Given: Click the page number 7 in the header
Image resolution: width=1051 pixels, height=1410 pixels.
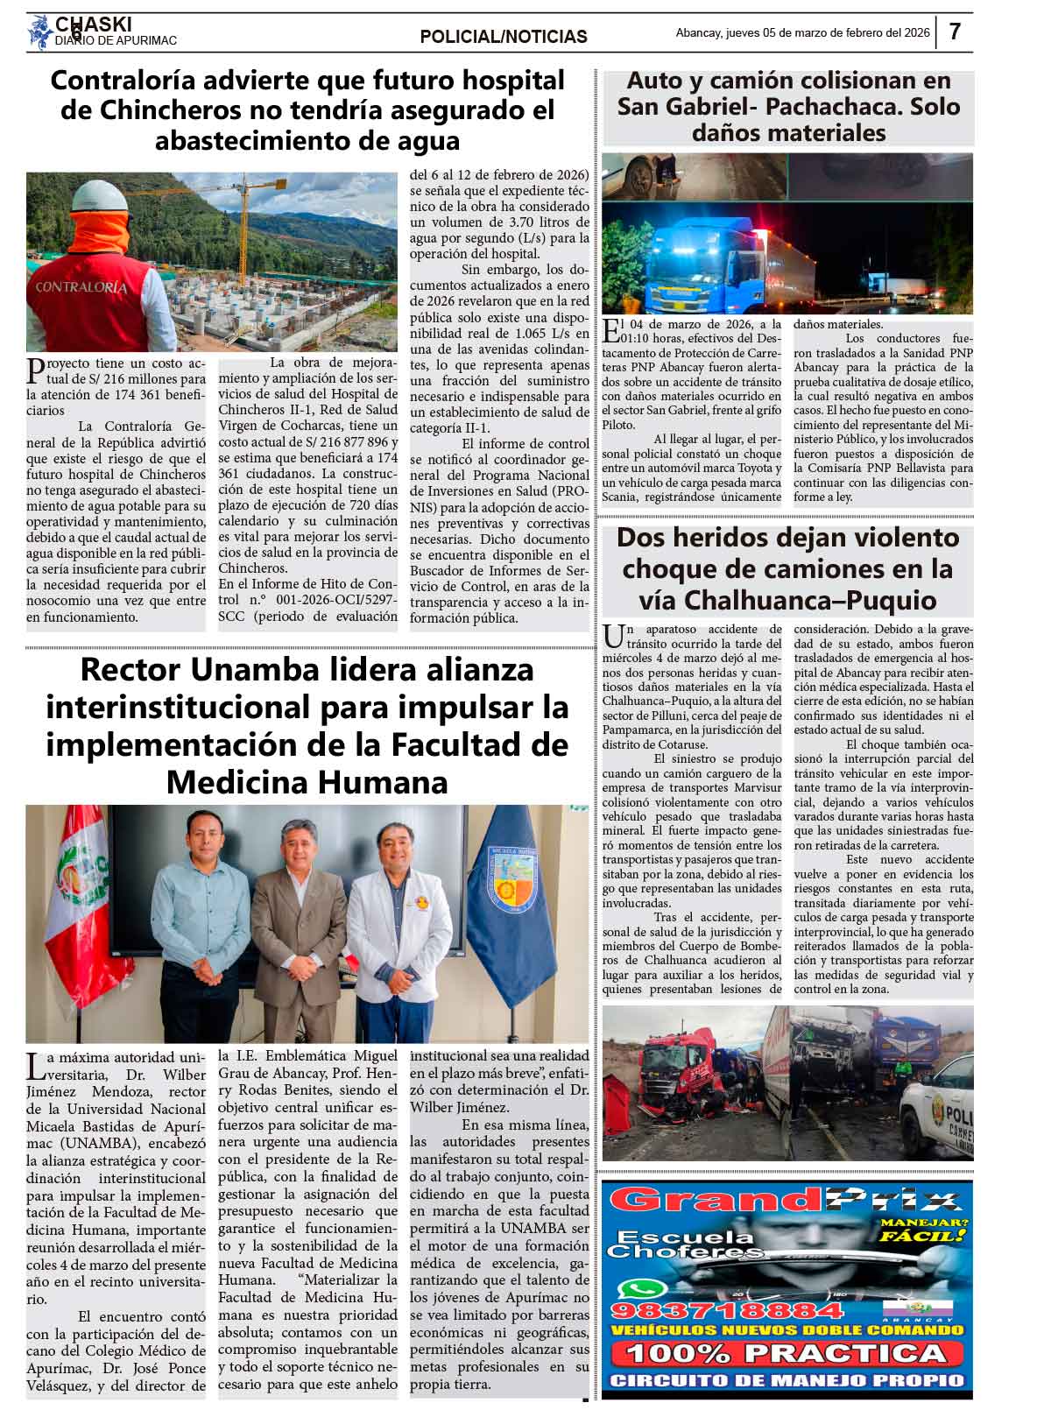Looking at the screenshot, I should click(955, 32).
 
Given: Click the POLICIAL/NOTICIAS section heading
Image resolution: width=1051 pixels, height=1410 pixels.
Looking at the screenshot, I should click(504, 37).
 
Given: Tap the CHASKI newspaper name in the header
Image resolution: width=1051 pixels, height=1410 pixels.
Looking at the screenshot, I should click(93, 24).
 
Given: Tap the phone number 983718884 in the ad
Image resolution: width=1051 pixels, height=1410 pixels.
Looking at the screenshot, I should click(726, 1311).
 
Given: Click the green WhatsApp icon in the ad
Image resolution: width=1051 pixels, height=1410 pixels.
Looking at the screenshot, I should click(632, 1288).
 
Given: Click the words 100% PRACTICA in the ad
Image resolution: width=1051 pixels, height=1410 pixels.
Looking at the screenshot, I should click(786, 1354).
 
